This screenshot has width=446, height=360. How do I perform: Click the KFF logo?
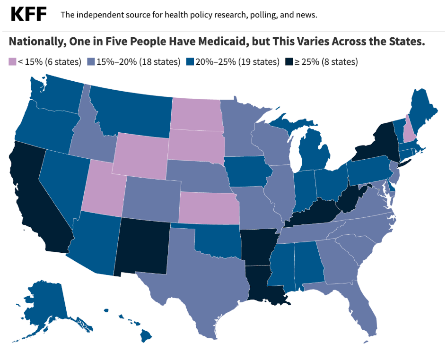[29, 15]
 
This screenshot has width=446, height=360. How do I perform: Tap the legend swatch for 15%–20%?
[91, 62]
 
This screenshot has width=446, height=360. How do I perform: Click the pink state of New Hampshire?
[406, 133]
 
